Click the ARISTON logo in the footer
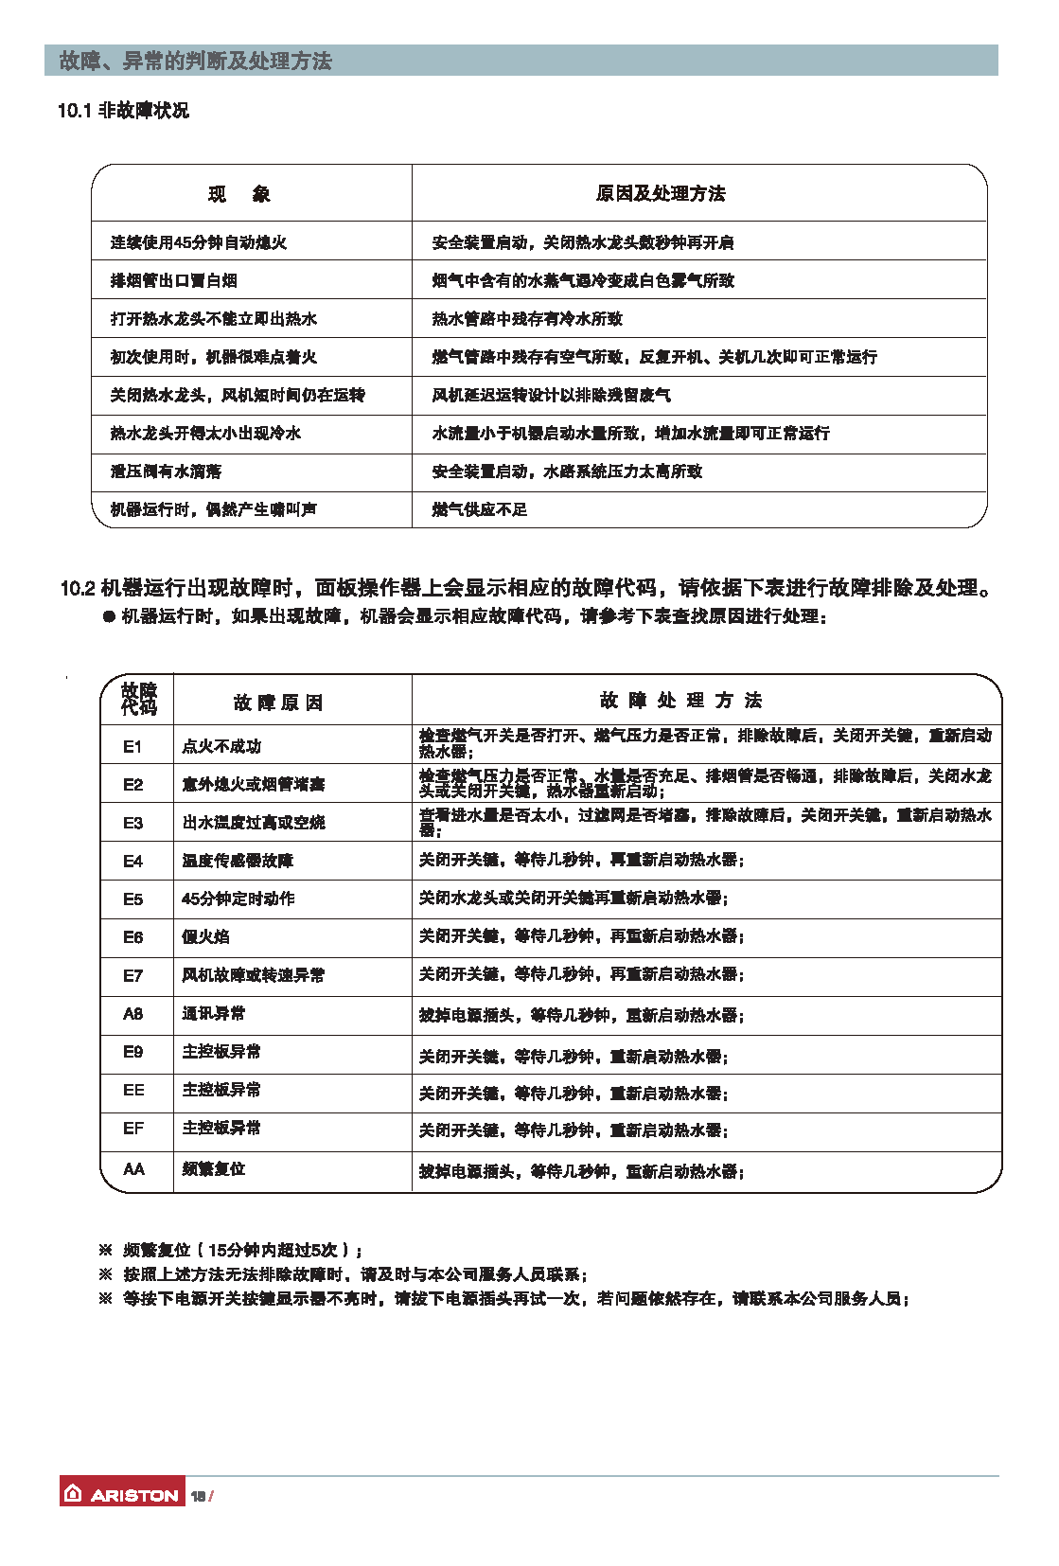[x=121, y=1494]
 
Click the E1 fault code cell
[x=132, y=746]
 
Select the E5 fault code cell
[x=132, y=899]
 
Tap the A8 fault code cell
[x=132, y=1013]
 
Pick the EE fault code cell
[x=133, y=1090]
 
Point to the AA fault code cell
[x=133, y=1169]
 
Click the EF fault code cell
[x=133, y=1128]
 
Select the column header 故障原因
[x=278, y=702]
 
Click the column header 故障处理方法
[x=680, y=700]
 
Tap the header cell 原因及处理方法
[x=661, y=193]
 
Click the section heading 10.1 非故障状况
[x=123, y=111]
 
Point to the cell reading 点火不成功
[x=221, y=746]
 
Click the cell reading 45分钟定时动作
[x=238, y=899]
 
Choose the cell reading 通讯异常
[x=213, y=1013]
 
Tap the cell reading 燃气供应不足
[x=480, y=509]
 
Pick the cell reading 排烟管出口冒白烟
[x=173, y=280]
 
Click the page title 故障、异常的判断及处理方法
[x=196, y=61]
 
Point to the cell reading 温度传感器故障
[x=238, y=861]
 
